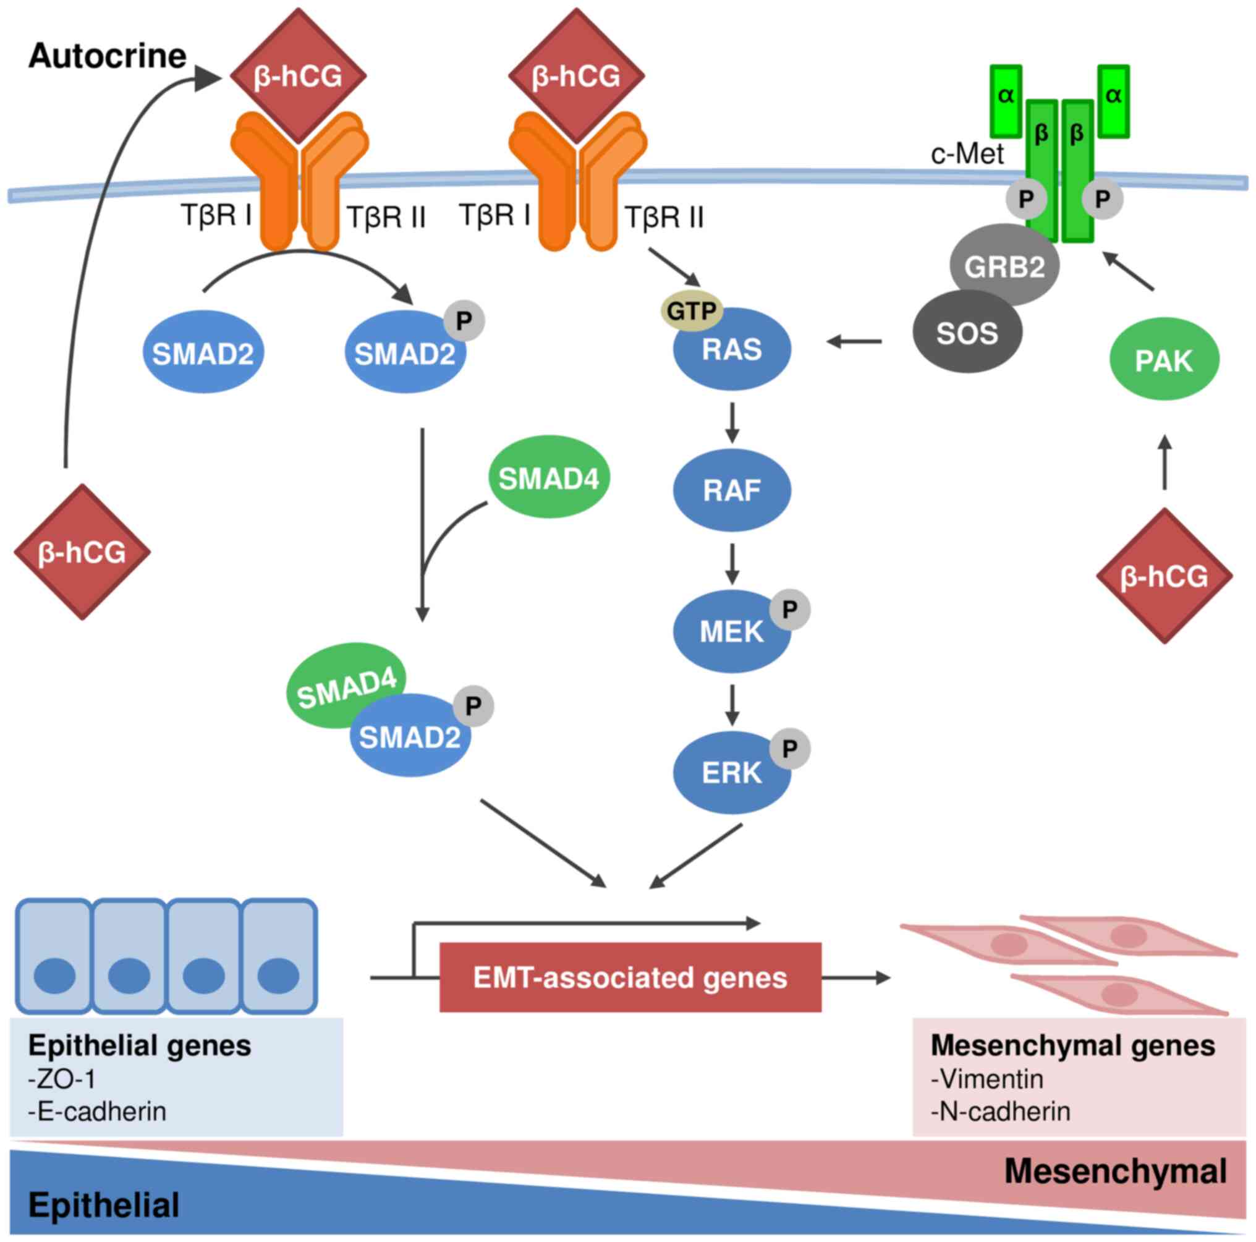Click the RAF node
click(x=731, y=490)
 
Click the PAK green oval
click(x=1164, y=360)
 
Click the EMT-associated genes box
click(x=630, y=977)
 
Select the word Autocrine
click(x=108, y=56)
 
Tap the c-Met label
click(x=967, y=154)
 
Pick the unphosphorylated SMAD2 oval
click(x=203, y=354)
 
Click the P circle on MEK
click(x=790, y=610)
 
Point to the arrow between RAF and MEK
click(x=732, y=564)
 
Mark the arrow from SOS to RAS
click(x=854, y=341)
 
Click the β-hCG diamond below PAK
click(x=1164, y=576)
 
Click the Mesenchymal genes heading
click(x=1072, y=1045)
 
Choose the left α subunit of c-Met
click(x=1006, y=96)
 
